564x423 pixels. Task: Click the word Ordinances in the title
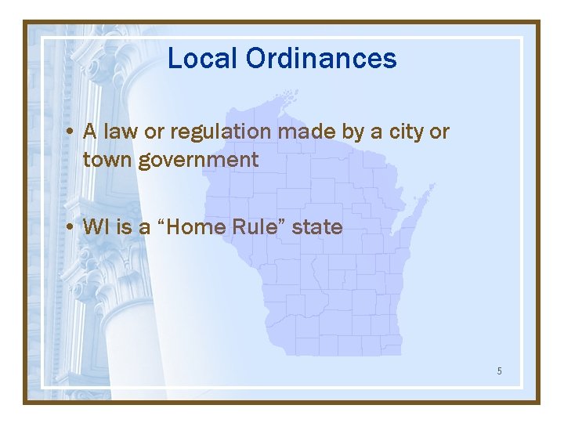click(x=321, y=59)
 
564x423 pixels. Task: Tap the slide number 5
click(x=499, y=371)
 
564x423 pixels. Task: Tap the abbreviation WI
click(x=96, y=227)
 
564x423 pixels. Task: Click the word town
click(x=107, y=161)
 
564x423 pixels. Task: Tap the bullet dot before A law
click(x=70, y=132)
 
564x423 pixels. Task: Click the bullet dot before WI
click(x=70, y=228)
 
